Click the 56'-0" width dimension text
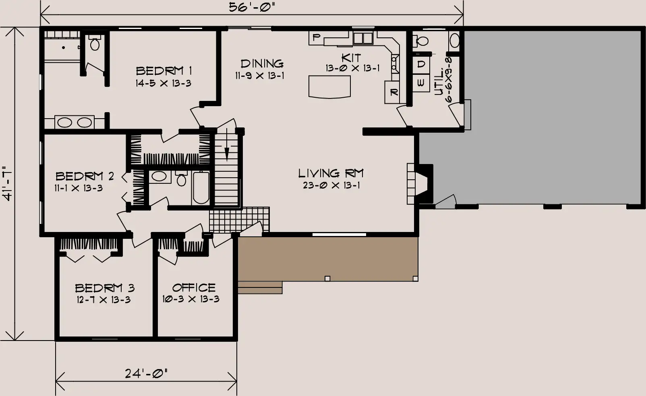252,7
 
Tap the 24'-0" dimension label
146,373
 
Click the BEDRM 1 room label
164,70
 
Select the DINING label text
262,64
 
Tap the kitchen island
329,86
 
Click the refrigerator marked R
392,92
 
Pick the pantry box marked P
317,38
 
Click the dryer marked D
421,64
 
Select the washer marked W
421,83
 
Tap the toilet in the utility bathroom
421,41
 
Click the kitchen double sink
363,38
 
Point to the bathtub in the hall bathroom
201,188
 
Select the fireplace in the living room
420,184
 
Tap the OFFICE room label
194,287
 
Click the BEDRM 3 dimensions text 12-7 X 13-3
104,300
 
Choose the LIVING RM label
331,173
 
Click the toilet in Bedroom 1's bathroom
95,43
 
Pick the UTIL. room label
439,82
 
